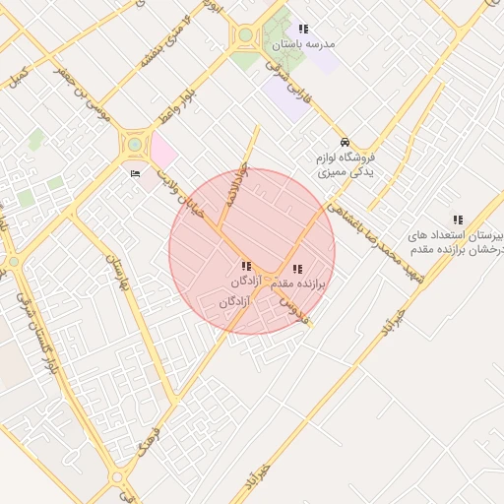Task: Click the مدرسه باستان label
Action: [x=309, y=44]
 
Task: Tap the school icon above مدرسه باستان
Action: [x=303, y=30]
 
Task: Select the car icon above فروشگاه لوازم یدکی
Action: [x=345, y=142]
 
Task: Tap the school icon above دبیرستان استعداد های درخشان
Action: [x=458, y=220]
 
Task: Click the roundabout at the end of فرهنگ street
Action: [x=118, y=478]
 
